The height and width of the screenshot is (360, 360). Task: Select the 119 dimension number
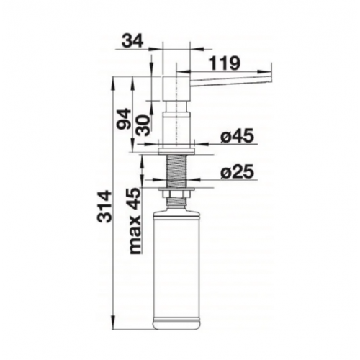[224, 63]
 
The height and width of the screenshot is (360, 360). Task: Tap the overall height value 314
[104, 207]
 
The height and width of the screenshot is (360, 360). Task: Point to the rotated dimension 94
[125, 119]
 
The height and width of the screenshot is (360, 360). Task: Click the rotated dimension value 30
[144, 125]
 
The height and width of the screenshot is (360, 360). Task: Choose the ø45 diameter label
[237, 136]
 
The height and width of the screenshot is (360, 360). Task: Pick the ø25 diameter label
[237, 171]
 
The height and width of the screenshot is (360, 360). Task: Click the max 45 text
[135, 220]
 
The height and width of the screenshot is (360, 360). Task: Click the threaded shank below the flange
[177, 171]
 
